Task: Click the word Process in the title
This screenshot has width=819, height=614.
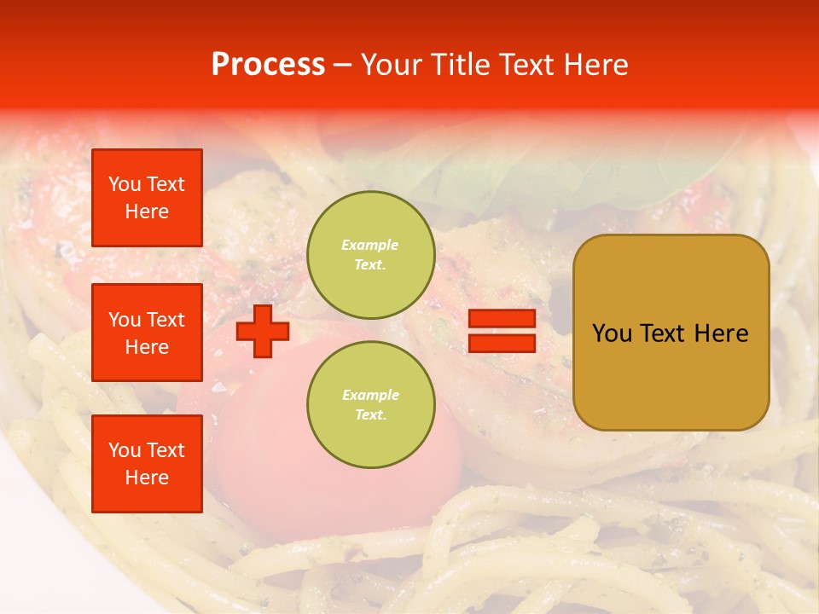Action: coord(268,65)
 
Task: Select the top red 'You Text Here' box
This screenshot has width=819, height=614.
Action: coord(147,198)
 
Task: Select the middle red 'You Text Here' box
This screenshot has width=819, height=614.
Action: coord(147,333)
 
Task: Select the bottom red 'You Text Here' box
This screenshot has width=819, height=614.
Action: coord(147,464)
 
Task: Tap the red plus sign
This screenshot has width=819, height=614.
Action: coord(262,331)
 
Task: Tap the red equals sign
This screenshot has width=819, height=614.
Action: coord(502,331)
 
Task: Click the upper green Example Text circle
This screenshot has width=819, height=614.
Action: coord(370,255)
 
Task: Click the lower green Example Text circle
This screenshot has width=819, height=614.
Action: coord(370,404)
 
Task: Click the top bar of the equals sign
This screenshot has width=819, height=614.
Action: coord(502,319)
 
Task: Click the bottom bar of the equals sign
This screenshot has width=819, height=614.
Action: coord(502,344)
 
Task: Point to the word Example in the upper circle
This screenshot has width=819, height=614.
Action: coord(369,246)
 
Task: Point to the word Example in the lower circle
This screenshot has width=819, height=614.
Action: coord(369,396)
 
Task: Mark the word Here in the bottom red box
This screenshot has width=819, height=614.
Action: coord(147,478)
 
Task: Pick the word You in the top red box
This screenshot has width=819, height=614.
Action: coord(124,185)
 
